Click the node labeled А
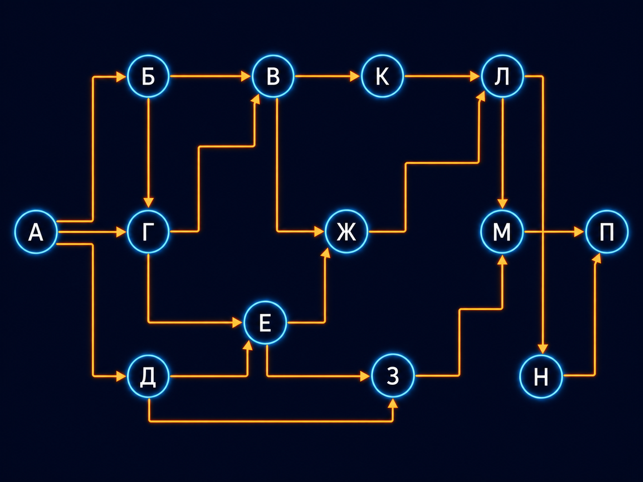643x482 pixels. coord(36,232)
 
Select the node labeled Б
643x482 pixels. coord(148,76)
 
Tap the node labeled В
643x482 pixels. coord(273,76)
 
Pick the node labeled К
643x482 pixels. coord(382,76)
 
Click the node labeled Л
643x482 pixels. coord(502,76)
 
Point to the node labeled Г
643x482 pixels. coord(148,232)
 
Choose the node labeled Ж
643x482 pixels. coord(346,232)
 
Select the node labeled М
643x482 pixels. coord(502,232)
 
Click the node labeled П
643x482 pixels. coord(607,232)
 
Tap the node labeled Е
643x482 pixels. coord(265,323)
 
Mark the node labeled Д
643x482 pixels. coord(148,376)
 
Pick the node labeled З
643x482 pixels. coord(393,376)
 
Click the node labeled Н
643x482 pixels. coord(541,376)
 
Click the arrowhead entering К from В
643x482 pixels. coord(355,76)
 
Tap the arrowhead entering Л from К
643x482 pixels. coord(475,76)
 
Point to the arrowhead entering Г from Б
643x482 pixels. coord(148,202)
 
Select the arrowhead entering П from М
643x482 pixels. coord(579,232)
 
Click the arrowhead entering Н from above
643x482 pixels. coord(543,349)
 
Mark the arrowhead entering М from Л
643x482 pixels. coord(503,203)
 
